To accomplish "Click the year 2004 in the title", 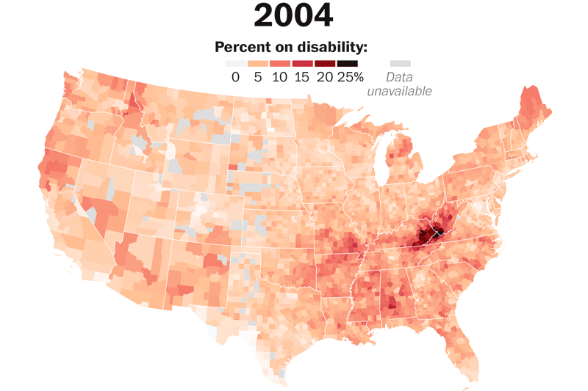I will click(293, 15).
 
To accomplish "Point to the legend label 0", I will click(235, 77).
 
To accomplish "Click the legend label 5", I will click(258, 77).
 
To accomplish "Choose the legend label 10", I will click(279, 77).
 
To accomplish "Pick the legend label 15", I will click(301, 77).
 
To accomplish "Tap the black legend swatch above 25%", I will click(348, 64).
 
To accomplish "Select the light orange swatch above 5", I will click(258, 64).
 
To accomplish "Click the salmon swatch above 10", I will click(280, 64).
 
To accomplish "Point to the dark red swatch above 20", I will click(324, 64).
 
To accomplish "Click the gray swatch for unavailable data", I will click(400, 64).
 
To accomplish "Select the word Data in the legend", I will click(400, 78).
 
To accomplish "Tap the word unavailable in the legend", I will click(400, 91).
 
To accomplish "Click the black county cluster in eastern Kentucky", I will click(426, 235).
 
